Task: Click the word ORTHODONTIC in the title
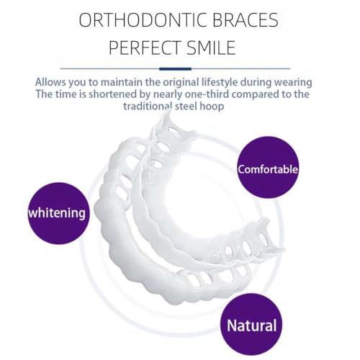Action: (143, 20)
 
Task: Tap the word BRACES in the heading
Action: (246, 20)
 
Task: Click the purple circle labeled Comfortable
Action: (268, 167)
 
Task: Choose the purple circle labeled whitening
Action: (58, 213)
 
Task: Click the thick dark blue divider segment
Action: (175, 69)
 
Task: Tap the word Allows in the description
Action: (50, 82)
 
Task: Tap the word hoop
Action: (212, 107)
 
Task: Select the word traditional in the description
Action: (148, 106)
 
